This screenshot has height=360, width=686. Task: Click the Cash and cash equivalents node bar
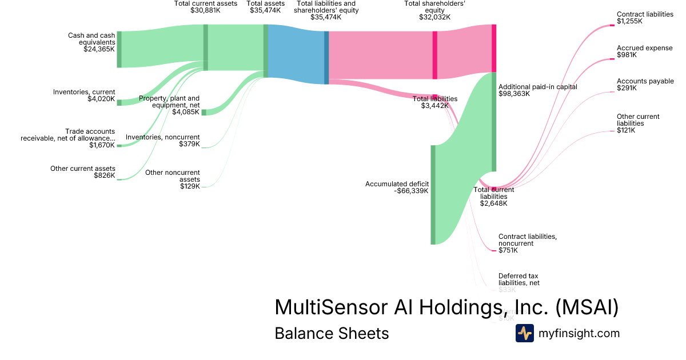pos(119,50)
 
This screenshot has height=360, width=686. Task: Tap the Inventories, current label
pos(84,92)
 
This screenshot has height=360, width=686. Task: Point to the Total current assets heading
pos(205,3)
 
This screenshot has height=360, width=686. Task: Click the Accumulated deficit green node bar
pos(433,195)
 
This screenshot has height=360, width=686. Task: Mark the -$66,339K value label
pos(412,191)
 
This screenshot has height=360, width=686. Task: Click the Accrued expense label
pos(644,48)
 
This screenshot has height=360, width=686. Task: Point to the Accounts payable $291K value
pos(627,88)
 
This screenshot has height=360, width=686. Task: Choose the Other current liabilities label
pos(638,120)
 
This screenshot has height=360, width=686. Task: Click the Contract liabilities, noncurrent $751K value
pos(508,250)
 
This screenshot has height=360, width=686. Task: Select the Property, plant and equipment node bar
pos(204,112)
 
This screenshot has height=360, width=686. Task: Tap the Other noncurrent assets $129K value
pos(190,186)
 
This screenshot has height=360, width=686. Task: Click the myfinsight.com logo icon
pos(524,333)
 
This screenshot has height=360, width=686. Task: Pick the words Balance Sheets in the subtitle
pos(332,333)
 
